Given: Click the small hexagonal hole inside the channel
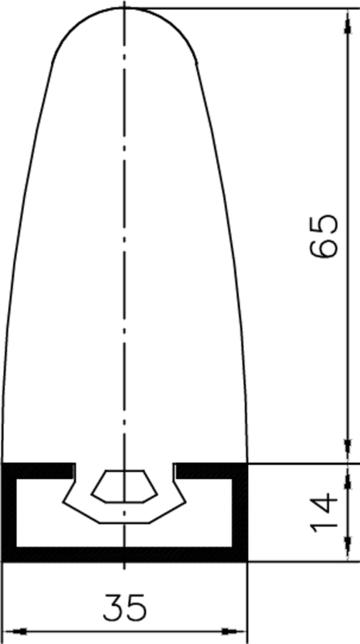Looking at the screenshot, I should (122, 485).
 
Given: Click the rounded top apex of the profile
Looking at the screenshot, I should (125, 9).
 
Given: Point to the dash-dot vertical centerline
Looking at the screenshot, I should (125, 242).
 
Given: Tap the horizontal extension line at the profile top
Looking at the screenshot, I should (242, 8).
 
